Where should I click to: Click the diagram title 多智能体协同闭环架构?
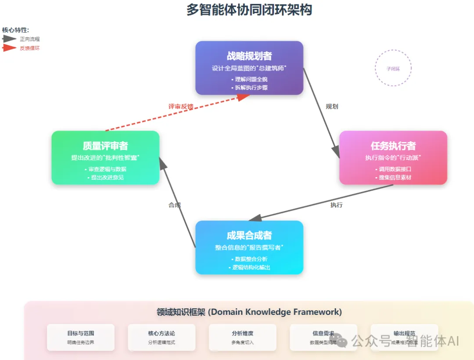pyautogui.click(x=249, y=10)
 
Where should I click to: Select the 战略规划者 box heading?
pyautogui.click(x=249, y=56)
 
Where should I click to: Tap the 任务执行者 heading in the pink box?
pyautogui.click(x=393, y=146)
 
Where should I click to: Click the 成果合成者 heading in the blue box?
pyautogui.click(x=249, y=236)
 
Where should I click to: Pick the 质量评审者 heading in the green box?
pyautogui.click(x=105, y=146)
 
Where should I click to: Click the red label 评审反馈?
pyautogui.click(x=181, y=106)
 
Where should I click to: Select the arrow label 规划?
pyautogui.click(x=332, y=107)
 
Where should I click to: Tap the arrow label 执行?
pyautogui.click(x=337, y=205)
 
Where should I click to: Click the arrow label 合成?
pyautogui.click(x=175, y=205)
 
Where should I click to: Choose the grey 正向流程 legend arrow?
pyautogui.click(x=9, y=39)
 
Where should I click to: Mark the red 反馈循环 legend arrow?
pyautogui.click(x=9, y=48)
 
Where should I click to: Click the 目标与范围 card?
pyautogui.click(x=81, y=337)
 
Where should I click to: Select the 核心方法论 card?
pyautogui.click(x=162, y=337)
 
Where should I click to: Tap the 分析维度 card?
pyautogui.click(x=242, y=337)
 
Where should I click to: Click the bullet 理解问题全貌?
pyautogui.click(x=249, y=79)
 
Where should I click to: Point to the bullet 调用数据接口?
pyautogui.click(x=393, y=169)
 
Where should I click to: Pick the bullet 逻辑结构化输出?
pyautogui.click(x=249, y=267)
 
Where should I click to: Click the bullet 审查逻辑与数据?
pyautogui.click(x=105, y=169)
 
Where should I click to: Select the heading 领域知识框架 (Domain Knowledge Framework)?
pyautogui.click(x=249, y=312)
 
